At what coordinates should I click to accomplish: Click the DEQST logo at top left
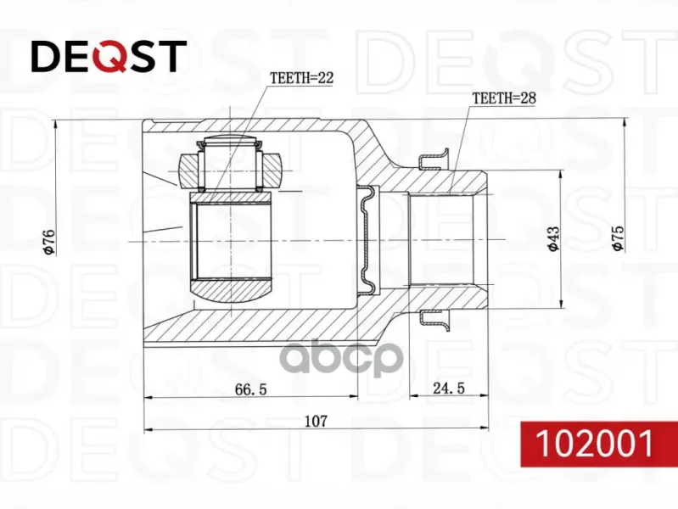coord(109,56)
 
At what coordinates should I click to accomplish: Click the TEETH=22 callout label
coord(301,78)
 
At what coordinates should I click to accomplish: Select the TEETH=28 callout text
coord(504,98)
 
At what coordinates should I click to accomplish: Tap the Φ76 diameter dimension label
coord(49,242)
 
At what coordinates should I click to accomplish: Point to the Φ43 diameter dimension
coord(553,238)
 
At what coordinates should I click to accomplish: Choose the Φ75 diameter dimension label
coord(618,238)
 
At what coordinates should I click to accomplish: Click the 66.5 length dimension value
coord(251,389)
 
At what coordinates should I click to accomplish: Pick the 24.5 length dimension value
coord(449,388)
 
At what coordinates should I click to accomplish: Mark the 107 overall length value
coord(316,421)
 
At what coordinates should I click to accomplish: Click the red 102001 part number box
coord(599,444)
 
